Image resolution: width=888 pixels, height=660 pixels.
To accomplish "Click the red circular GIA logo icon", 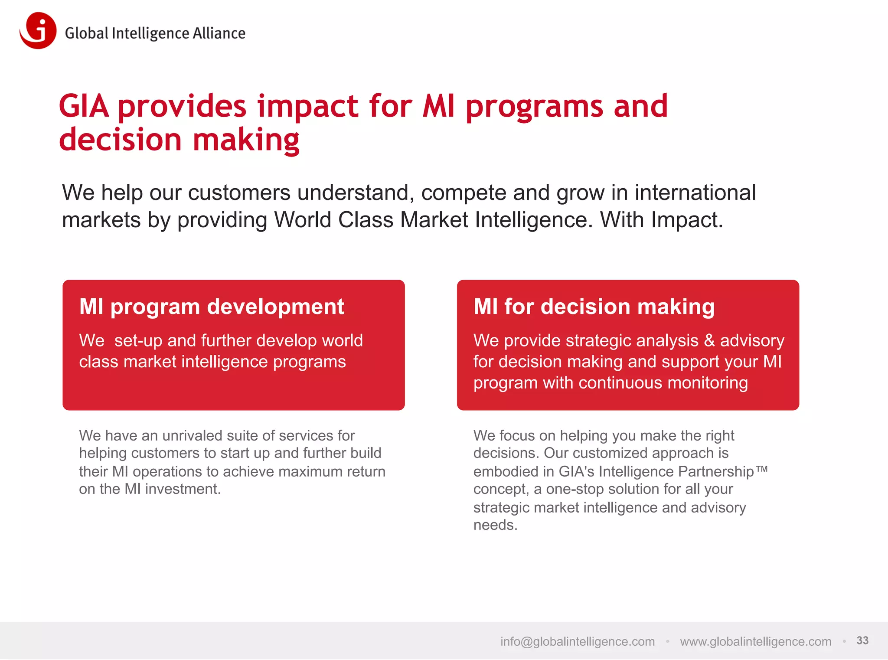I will click(38, 31).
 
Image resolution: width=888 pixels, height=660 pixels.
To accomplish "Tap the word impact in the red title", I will click(307, 107).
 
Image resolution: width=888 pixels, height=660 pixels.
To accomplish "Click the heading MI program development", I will click(212, 307).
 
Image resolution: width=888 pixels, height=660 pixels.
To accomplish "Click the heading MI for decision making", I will click(594, 307).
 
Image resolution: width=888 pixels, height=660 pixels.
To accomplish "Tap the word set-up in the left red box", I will click(138, 341).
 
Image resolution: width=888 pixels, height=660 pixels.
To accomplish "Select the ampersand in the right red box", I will click(709, 340).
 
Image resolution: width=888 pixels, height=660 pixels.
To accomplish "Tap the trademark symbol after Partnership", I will click(762, 469).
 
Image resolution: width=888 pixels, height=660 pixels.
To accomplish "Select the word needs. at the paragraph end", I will click(495, 525).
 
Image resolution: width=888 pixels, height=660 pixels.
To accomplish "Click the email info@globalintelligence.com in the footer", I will click(577, 641).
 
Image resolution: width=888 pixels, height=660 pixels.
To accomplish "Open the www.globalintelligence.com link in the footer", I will click(755, 641).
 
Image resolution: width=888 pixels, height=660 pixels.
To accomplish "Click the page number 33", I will click(862, 640).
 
